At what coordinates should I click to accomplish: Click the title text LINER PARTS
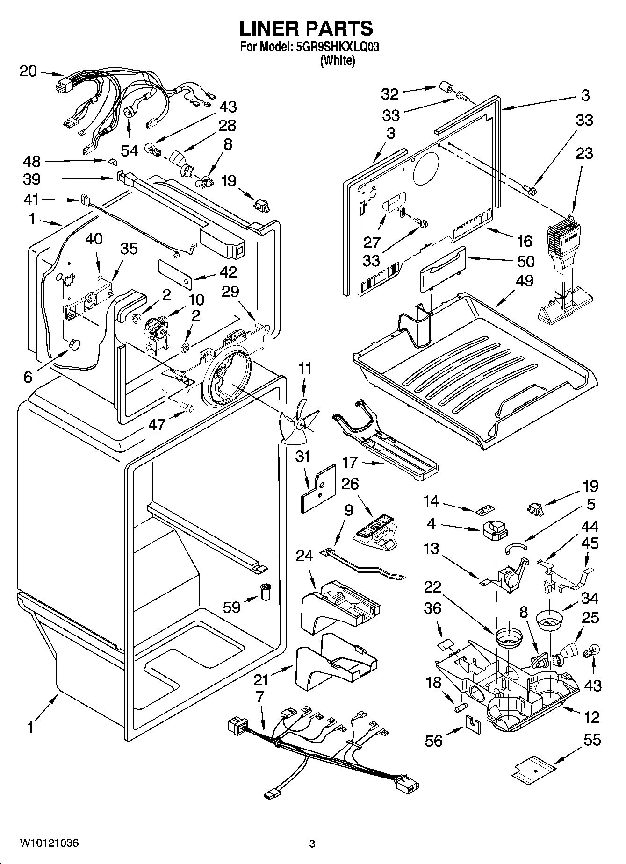(306, 29)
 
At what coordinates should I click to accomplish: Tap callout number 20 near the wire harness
(28, 71)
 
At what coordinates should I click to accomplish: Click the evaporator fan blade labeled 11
(297, 423)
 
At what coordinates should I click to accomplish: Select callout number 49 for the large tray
(525, 280)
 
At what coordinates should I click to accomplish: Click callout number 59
(231, 607)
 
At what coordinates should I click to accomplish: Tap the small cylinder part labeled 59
(266, 592)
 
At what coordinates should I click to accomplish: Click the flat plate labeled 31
(318, 489)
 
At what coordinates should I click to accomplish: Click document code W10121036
(49, 843)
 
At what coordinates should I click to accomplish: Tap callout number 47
(157, 424)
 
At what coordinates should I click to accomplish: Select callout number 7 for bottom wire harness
(260, 696)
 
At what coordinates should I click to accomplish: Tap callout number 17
(350, 463)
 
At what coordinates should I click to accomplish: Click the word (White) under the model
(337, 60)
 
